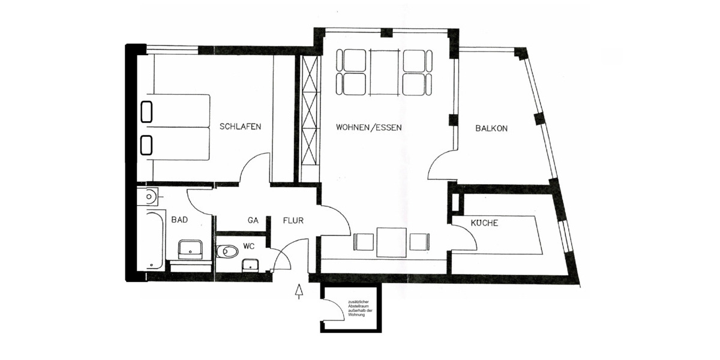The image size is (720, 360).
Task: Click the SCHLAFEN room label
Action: pos(240,127)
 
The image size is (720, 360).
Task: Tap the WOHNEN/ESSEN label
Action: pos(368,128)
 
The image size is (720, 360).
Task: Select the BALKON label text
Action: pos(491,128)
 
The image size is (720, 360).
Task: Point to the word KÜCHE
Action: pos(484,223)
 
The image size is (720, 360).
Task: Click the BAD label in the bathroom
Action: pos(179,220)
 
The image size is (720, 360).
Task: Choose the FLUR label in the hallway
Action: pos(293,220)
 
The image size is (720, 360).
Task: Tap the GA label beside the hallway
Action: pos(253,220)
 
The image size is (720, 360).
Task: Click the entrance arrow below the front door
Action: pos(299,292)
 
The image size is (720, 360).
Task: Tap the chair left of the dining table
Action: pos(364,242)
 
